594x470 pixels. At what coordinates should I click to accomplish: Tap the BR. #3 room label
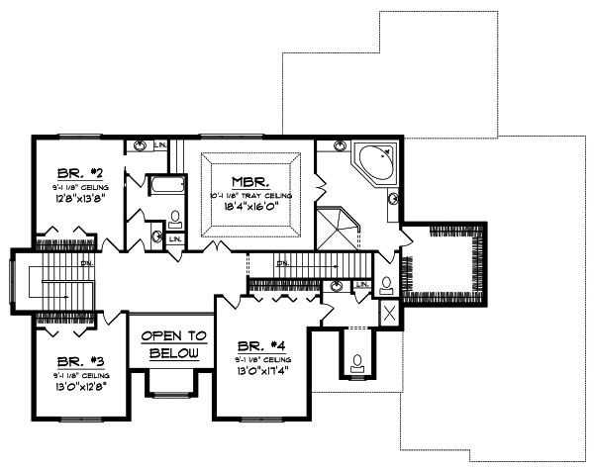[76, 363]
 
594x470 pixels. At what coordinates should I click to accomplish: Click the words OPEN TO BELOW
[173, 344]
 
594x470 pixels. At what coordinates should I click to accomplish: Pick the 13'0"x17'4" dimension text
[260, 372]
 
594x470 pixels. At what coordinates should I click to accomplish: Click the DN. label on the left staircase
[86, 263]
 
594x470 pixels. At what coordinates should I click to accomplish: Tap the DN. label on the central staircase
[282, 263]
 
